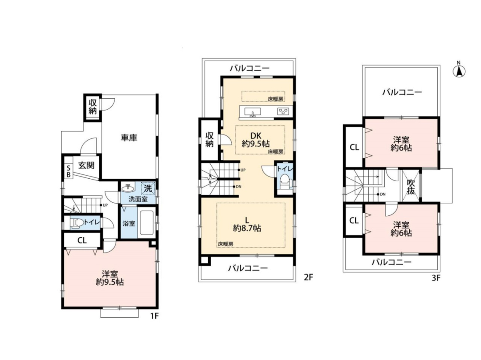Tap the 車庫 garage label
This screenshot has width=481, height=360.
coord(129,138)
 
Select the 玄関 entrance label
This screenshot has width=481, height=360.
coord(86,166)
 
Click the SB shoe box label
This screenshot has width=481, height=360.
coord(68,171)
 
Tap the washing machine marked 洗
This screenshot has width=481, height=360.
coord(148,188)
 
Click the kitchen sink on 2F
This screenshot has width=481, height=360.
coord(253,112)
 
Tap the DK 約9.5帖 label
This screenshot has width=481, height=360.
coord(255,139)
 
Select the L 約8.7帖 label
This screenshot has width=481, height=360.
coord(247,224)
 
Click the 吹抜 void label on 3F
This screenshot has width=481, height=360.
coord(411,187)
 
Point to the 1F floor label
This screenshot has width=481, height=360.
coord(154,315)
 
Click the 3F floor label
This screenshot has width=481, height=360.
coord(436,278)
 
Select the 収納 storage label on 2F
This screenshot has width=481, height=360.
coord(209,139)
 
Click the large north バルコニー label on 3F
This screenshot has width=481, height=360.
coord(402,92)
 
